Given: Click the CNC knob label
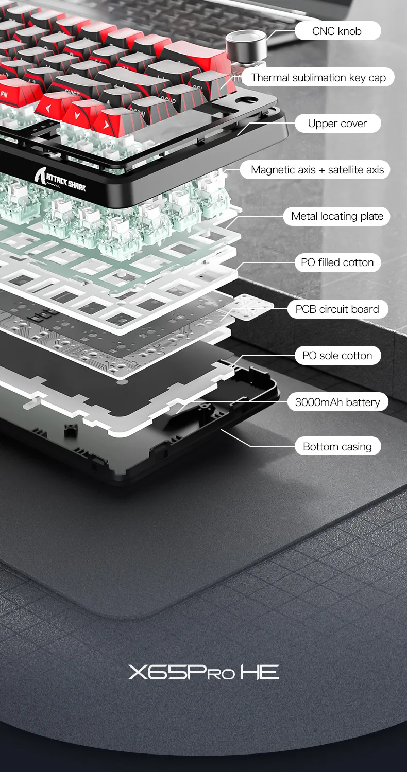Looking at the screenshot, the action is (337, 31).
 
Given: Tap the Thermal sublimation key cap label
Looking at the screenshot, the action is (318, 78).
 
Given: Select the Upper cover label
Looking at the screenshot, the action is (337, 124).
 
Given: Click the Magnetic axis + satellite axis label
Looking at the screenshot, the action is (317, 169).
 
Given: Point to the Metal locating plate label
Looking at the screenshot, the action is (337, 216).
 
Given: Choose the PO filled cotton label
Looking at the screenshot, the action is (337, 262).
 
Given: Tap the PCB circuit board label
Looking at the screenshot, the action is (337, 309).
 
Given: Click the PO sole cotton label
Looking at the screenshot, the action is (337, 355).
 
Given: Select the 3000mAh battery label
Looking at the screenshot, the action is (337, 402).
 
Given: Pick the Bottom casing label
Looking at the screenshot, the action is (337, 446).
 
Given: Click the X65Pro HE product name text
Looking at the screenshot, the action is (203, 672).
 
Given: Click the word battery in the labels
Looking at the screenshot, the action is (363, 402).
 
